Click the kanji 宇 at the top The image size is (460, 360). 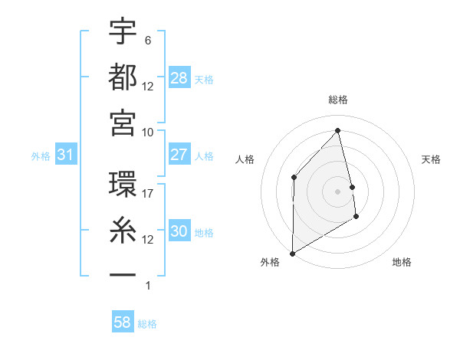point(123,31)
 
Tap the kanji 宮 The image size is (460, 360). point(123,121)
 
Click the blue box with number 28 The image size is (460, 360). point(179,78)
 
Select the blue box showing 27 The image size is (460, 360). point(179,155)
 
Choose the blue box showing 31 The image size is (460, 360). point(66,155)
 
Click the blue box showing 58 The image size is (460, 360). point(123,322)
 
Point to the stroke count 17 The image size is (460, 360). point(148,195)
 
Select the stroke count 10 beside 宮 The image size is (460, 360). point(148,131)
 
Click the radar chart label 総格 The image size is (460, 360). point(338,100)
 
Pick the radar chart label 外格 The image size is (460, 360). point(270,262)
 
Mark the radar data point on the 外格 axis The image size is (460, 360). point(292,253)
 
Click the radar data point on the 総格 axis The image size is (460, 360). point(337,130)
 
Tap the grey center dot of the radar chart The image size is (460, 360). point(337,191)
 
